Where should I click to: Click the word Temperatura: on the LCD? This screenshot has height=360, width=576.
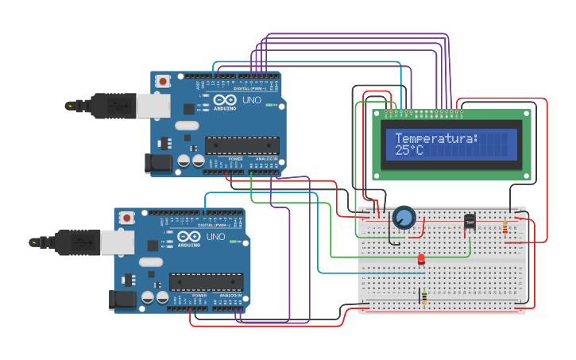[x=436, y=138]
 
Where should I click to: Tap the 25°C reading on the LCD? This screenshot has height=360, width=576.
[x=409, y=149]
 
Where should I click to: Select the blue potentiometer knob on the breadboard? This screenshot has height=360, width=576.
[x=404, y=217]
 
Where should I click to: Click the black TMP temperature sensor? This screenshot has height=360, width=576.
[x=470, y=223]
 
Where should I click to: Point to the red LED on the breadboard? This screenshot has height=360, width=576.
[x=421, y=259]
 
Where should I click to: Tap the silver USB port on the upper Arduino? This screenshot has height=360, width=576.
[x=154, y=106]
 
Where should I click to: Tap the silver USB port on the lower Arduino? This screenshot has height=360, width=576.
[x=118, y=242]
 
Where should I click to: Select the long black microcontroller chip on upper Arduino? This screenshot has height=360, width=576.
[x=242, y=145]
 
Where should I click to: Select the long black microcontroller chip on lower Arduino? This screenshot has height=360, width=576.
[x=206, y=282]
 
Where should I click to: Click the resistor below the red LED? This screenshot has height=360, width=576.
[x=423, y=298]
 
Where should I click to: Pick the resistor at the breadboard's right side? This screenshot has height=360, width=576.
[x=506, y=228]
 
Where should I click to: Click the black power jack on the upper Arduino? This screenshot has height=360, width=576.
[x=159, y=164]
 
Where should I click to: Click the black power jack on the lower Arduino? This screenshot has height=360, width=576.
[x=122, y=300]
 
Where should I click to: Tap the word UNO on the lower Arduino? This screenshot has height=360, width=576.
[x=215, y=237]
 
